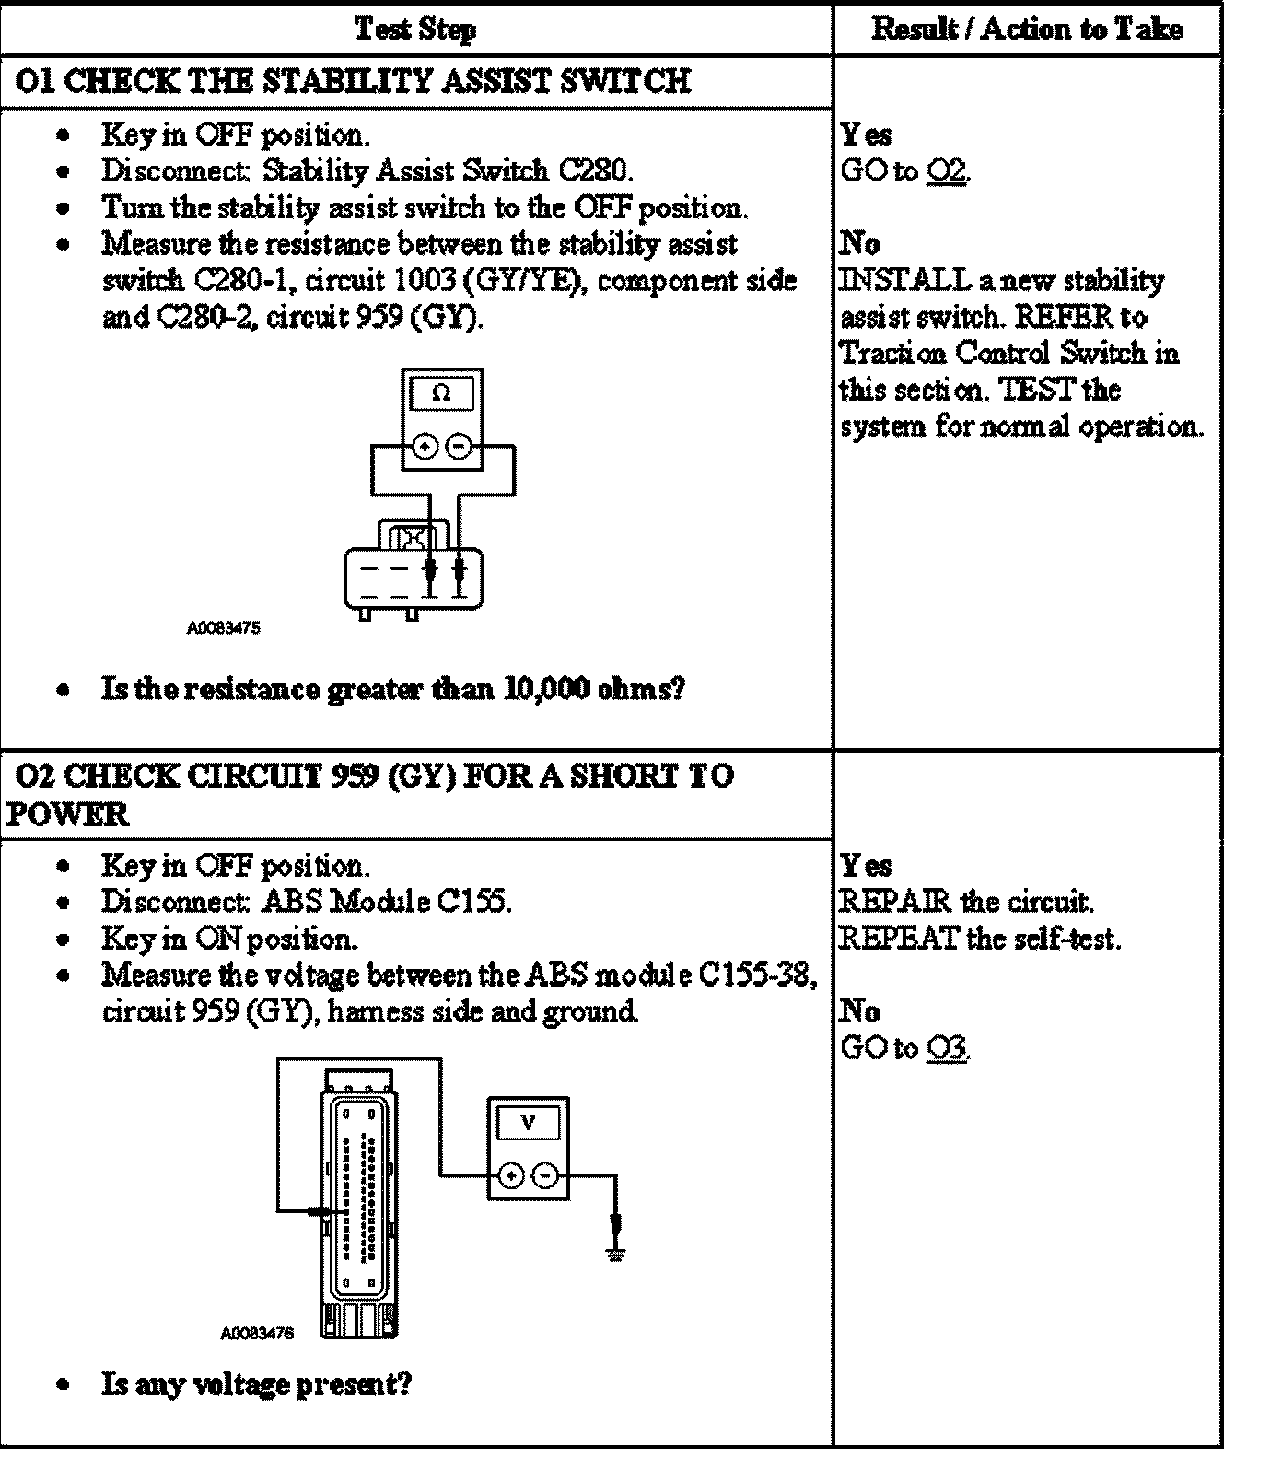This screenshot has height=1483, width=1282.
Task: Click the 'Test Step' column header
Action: (x=415, y=29)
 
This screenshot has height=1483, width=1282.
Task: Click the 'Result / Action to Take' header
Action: (x=1027, y=29)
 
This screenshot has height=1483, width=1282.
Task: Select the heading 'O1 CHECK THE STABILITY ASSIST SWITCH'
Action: (x=354, y=81)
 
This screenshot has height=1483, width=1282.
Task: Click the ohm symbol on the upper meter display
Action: (x=442, y=393)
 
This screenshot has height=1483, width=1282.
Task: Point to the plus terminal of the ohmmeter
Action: (x=425, y=448)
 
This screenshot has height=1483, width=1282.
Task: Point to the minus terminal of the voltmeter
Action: (x=546, y=1175)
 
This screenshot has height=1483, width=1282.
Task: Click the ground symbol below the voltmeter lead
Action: (x=617, y=1254)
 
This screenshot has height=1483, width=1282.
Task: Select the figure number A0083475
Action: (x=224, y=628)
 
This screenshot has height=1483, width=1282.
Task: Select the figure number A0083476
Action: (x=257, y=1333)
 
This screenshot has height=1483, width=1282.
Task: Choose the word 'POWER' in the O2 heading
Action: (x=66, y=814)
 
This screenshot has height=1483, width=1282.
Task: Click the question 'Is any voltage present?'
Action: (x=257, y=1383)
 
